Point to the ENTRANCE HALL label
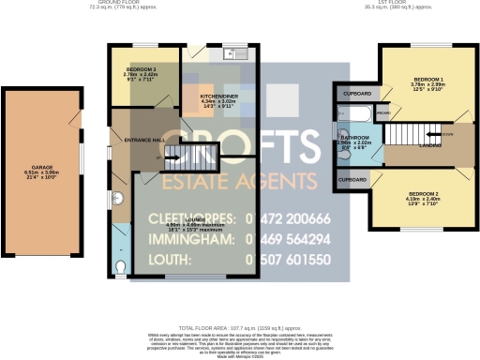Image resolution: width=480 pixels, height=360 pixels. tap(144, 140)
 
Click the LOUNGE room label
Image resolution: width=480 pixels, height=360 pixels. tap(194, 219)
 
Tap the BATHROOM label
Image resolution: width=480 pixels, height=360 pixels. tap(354, 138)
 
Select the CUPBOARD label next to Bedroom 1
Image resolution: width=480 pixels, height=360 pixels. tap(357, 94)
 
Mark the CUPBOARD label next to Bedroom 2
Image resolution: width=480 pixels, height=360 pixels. tap(352, 178)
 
